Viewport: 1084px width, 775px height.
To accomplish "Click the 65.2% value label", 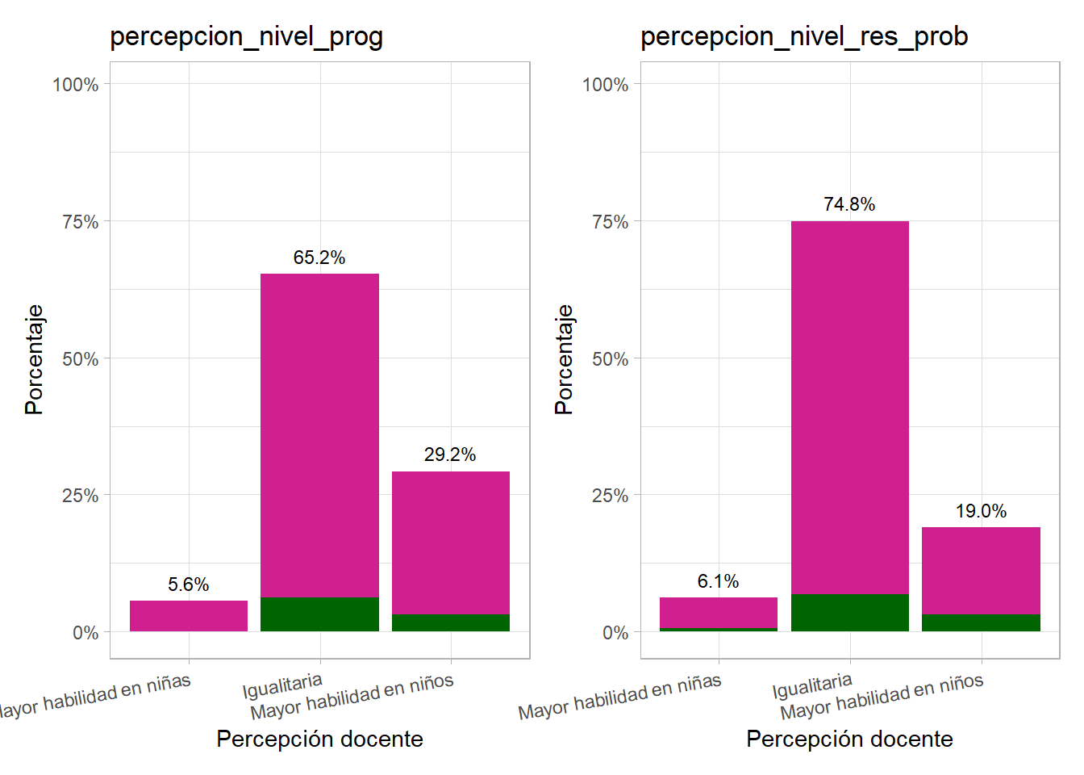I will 319,258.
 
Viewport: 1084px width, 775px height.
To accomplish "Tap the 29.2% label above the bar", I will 450,455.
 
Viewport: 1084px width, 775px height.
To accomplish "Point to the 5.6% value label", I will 188,584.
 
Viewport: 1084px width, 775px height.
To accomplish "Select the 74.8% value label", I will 849,204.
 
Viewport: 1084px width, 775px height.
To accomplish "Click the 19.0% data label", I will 981,511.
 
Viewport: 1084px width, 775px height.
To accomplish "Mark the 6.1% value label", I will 718,581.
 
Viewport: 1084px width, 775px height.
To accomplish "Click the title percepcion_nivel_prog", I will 246,36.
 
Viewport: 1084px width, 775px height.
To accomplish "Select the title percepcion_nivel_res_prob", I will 803,36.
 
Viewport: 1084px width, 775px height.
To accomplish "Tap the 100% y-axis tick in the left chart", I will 76,85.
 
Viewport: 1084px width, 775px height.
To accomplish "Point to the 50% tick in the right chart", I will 610,359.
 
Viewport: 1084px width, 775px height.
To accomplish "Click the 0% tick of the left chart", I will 85,633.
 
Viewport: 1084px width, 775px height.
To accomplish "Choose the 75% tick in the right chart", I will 610,222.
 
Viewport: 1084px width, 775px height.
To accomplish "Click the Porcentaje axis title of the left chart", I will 34,359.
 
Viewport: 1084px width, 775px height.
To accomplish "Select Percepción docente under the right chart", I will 849,739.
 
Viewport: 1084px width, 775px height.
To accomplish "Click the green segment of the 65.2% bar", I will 319,614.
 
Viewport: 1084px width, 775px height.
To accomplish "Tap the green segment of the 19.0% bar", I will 981,622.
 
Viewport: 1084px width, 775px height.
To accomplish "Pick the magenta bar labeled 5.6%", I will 188,616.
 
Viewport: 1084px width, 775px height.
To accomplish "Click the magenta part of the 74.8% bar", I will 849,404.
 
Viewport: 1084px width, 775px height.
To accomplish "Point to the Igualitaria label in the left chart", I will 282,686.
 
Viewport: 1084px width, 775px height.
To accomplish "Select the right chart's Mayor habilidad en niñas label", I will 619,697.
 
